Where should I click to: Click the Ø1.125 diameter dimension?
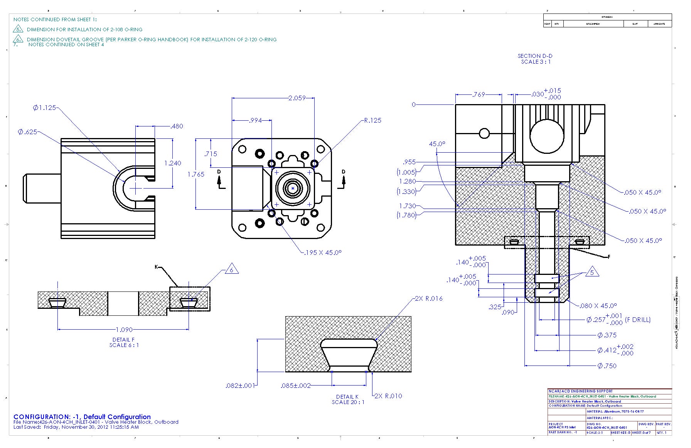coord(44,108)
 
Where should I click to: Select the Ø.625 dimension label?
coord(27,132)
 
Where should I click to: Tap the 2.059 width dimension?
coord(297,98)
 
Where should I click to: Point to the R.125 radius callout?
coord(372,120)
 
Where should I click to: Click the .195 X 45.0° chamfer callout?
coord(322,253)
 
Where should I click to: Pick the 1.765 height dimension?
coord(196,174)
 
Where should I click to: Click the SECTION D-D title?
coord(535,56)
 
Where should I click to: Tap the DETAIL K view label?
coord(347,397)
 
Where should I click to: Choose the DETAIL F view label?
coord(124,340)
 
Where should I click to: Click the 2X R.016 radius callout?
coord(428,298)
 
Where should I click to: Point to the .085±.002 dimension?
coord(296,386)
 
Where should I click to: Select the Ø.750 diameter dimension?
coord(607,365)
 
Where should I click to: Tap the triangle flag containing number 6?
coord(231,269)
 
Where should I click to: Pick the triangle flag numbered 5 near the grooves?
coord(592,272)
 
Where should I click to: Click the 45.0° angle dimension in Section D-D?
coord(437,144)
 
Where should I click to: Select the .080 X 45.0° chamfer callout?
coord(598,306)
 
